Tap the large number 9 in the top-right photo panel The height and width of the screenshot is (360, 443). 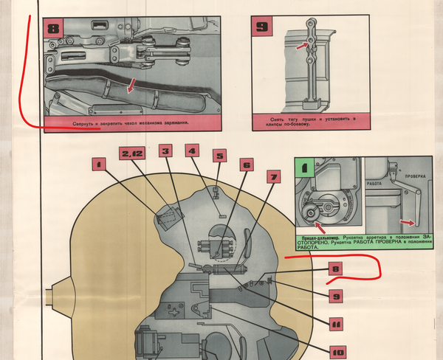pos(263,28)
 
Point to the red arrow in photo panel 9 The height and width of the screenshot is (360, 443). pos(300,46)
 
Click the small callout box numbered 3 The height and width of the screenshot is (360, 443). pos(165,151)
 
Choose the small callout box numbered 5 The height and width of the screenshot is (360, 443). pos(219,156)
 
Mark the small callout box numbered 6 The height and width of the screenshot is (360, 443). pos(247,165)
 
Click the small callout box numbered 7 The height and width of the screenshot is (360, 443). pos(274,177)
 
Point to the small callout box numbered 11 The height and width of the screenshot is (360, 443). pos(336,323)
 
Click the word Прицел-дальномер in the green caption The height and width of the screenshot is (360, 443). pos(318,237)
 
